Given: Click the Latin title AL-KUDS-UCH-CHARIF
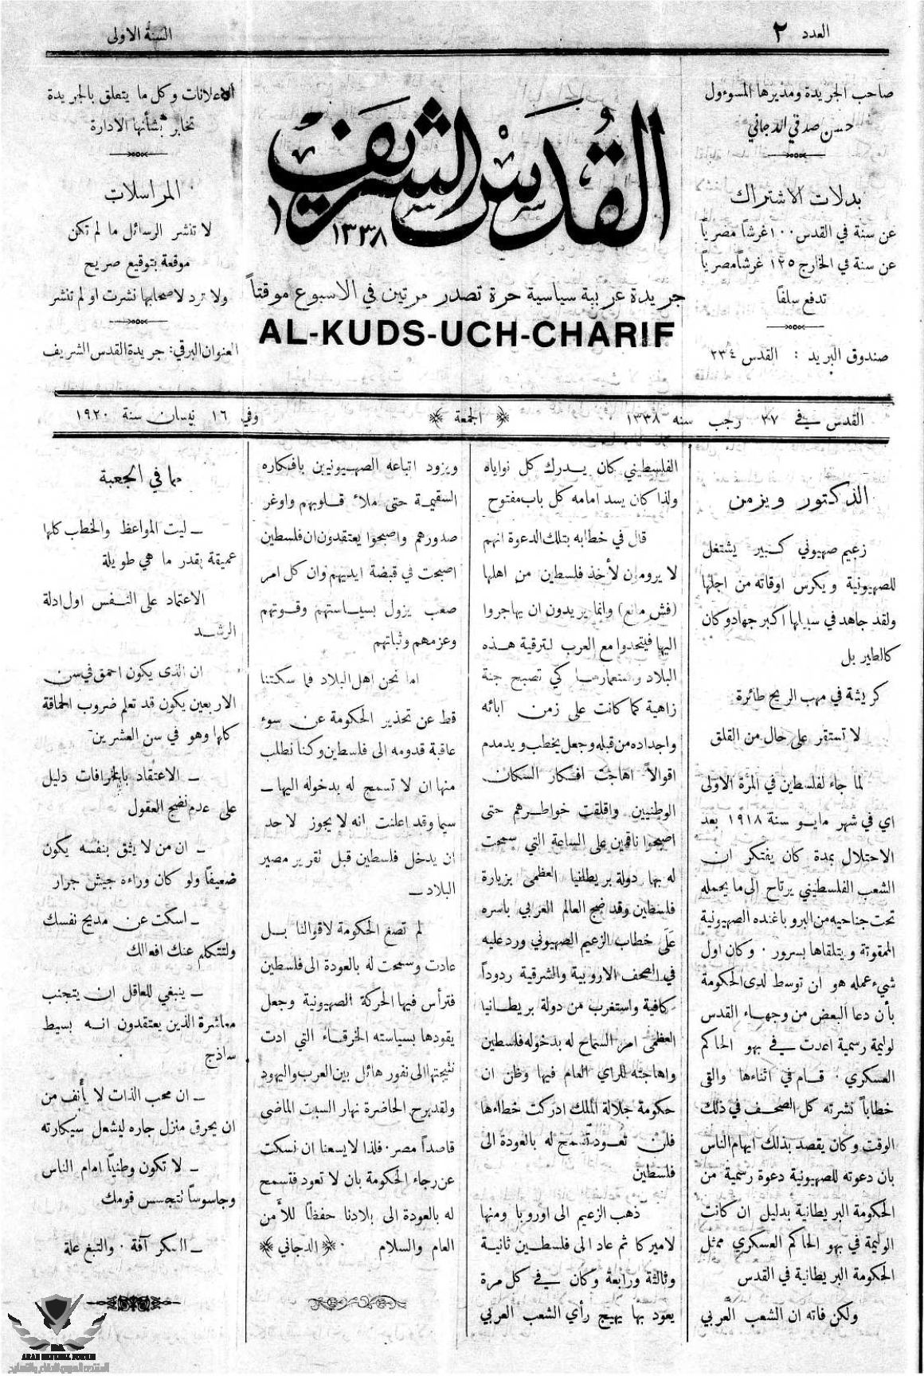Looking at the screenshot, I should click(x=465, y=334).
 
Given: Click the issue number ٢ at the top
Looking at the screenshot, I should click(x=779, y=33).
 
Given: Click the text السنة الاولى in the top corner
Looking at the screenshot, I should click(x=139, y=36).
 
